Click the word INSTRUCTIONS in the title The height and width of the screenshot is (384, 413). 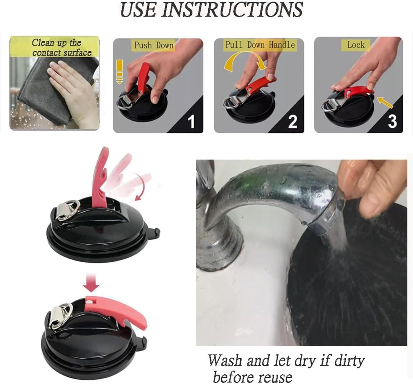click(232, 10)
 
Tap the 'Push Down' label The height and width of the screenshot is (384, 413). click(154, 45)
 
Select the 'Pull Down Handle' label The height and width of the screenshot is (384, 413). click(260, 45)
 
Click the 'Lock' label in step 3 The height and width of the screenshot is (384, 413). click(356, 45)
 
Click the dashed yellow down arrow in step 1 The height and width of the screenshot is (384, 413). click(119, 72)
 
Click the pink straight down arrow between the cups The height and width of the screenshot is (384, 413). click(92, 283)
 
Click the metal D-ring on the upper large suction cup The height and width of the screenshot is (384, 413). click(67, 210)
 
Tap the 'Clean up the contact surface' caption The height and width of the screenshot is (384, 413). click(62, 47)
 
